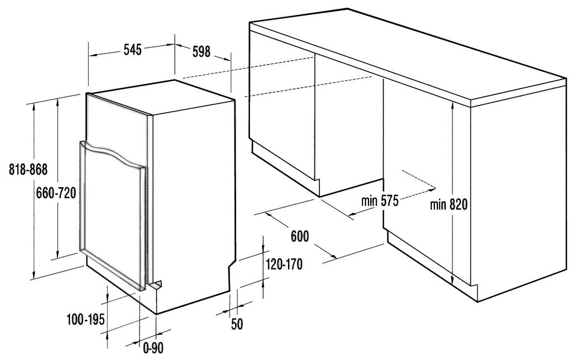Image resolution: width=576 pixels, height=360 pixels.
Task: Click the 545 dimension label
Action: [132, 50]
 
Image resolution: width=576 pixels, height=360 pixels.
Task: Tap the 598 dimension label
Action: [201, 51]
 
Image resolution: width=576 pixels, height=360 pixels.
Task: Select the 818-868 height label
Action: [28, 169]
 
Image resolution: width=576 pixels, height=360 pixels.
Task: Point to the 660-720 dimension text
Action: [56, 193]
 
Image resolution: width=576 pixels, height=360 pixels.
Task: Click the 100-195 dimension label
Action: [86, 319]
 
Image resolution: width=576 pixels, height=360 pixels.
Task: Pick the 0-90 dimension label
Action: [153, 347]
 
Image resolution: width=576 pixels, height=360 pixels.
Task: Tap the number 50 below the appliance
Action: [237, 324]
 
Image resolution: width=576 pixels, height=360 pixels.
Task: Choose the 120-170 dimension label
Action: [284, 264]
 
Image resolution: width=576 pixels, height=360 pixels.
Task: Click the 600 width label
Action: [300, 236]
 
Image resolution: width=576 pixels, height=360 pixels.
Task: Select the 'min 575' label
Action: [380, 201]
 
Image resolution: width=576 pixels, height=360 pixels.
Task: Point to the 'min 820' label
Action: [449, 204]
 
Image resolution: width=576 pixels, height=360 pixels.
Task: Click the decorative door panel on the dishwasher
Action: [113, 215]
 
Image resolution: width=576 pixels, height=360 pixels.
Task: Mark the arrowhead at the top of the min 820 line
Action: [452, 105]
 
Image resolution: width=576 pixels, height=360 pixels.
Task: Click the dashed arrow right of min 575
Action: [419, 180]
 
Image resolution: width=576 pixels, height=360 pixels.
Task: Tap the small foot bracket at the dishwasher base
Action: [156, 285]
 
